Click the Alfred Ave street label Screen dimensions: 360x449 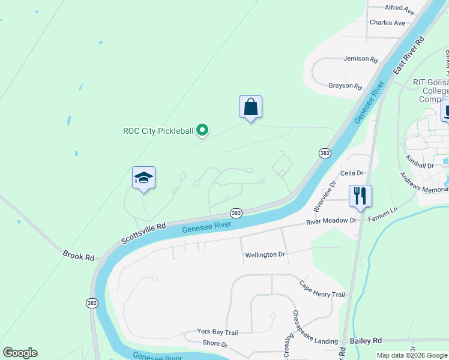[400, 10]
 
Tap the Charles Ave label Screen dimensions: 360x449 [387, 23]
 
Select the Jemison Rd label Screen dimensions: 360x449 [360, 59]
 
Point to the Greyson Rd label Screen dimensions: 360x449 [345, 86]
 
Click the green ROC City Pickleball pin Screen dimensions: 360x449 [203, 130]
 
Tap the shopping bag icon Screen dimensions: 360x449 [250, 107]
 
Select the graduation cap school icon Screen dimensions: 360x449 [143, 178]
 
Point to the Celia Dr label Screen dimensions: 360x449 [352, 173]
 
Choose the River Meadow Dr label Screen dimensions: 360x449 [331, 221]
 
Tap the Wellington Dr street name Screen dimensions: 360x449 [265, 255]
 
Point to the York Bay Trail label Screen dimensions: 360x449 [218, 332]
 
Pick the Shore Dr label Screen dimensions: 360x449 [215, 344]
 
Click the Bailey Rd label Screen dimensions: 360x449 [368, 340]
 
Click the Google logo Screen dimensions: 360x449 [20, 353]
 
